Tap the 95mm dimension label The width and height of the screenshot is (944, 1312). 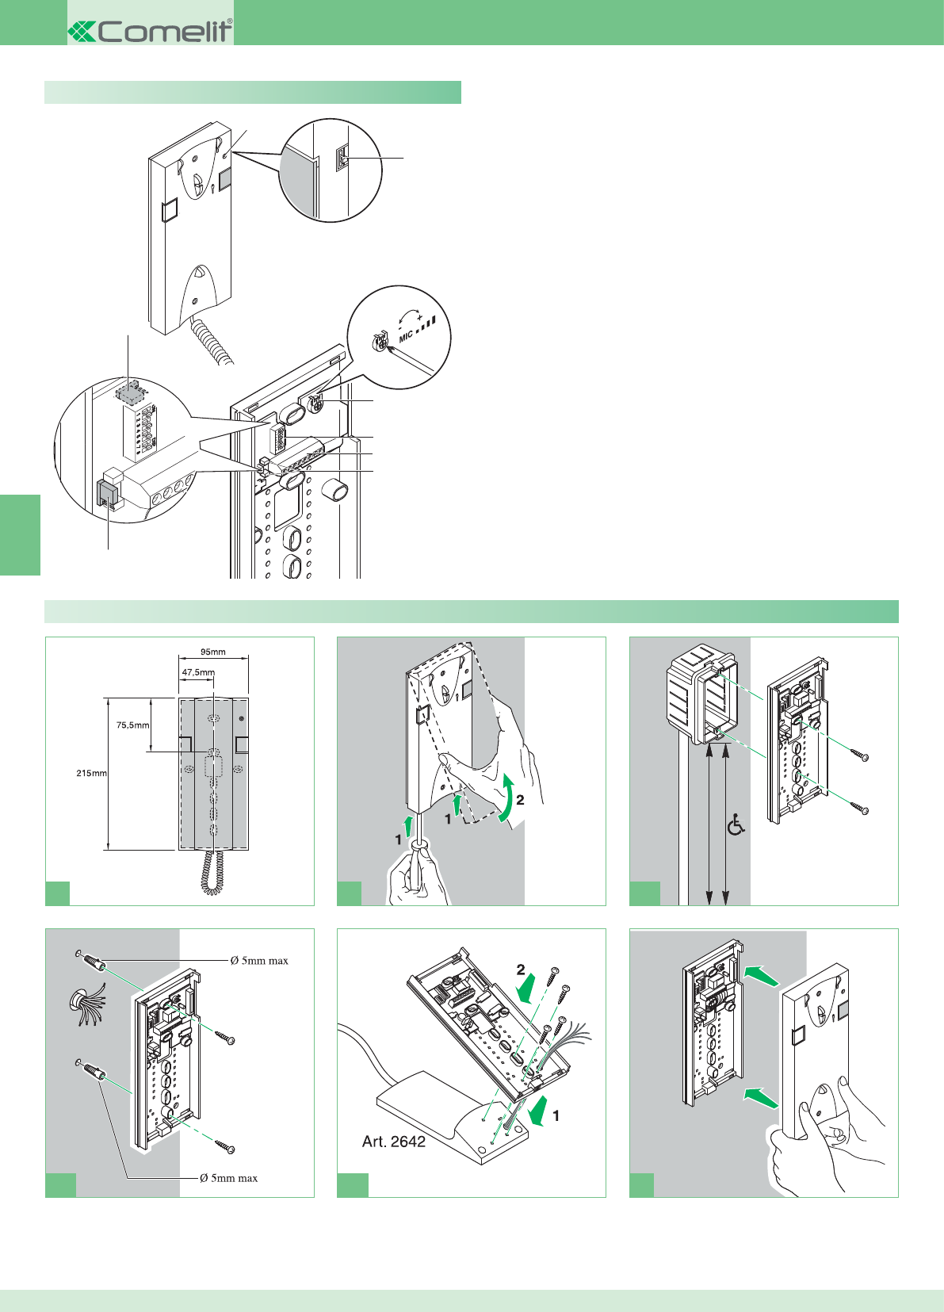[x=212, y=652]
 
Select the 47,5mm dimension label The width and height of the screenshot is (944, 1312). [x=197, y=672]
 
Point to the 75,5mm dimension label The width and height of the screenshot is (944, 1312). [x=132, y=725]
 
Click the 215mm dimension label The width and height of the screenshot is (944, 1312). [x=91, y=773]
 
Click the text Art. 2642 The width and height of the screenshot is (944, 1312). [x=394, y=1142]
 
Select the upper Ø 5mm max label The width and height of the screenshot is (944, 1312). [x=259, y=961]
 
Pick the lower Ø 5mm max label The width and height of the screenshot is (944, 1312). [x=228, y=1178]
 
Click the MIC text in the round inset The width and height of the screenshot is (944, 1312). [x=406, y=336]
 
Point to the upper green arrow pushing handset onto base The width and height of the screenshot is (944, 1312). [x=761, y=975]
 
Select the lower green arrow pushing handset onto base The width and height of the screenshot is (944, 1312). [x=760, y=1096]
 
